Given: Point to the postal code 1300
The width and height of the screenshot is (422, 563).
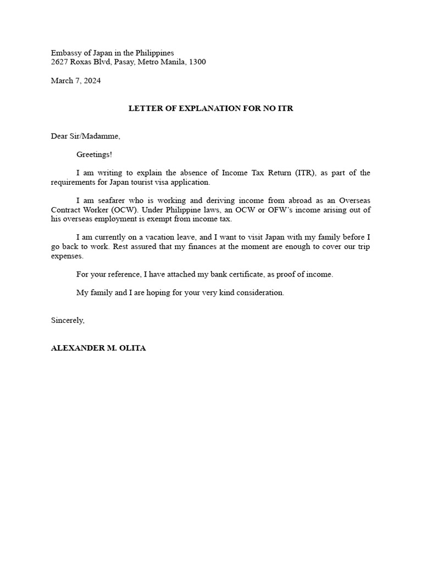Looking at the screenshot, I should [x=197, y=62].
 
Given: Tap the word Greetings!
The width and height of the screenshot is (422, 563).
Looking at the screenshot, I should [x=94, y=154].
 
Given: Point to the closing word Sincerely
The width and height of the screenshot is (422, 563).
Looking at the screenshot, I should [x=68, y=320].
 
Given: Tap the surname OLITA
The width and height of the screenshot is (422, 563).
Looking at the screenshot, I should [x=133, y=349].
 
